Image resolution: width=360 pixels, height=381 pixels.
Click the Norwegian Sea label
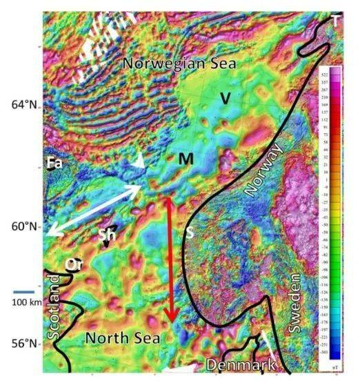(x=179, y=63)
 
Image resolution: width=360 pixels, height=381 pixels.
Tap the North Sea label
(x=123, y=338)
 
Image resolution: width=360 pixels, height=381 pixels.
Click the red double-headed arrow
(x=170, y=259)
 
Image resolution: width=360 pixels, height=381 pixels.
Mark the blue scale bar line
(x=23, y=291)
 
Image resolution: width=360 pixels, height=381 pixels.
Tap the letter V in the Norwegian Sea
(x=224, y=99)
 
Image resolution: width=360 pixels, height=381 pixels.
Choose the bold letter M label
(x=185, y=160)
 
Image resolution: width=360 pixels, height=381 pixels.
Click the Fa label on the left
(x=54, y=163)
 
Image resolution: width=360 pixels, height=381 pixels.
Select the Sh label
(x=106, y=234)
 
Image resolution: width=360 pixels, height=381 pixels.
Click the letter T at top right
(x=334, y=21)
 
